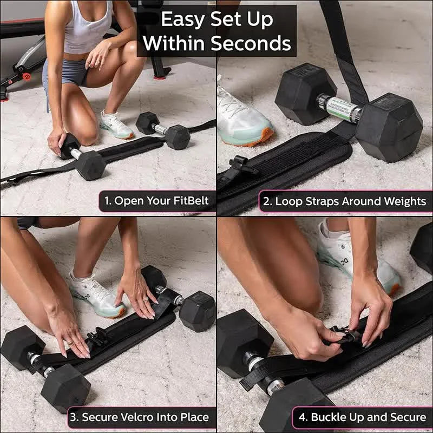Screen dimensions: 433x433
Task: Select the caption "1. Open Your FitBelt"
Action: click(x=156, y=201)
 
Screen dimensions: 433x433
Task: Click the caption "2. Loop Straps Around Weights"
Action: click(x=345, y=201)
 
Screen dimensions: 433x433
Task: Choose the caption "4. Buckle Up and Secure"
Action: click(x=362, y=418)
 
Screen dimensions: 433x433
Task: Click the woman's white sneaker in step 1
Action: click(x=116, y=125)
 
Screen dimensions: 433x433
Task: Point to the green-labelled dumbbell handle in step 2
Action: click(x=338, y=108)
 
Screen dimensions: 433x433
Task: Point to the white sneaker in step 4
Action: click(x=357, y=260)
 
